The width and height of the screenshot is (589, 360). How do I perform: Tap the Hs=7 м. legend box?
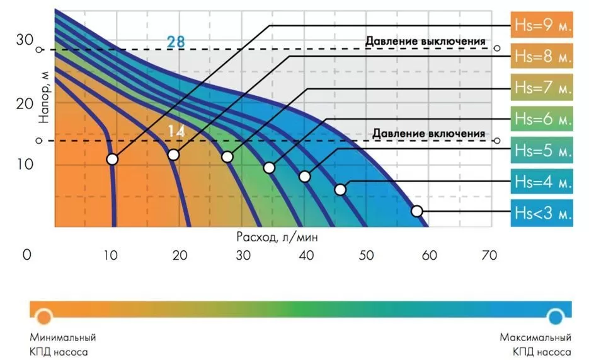tap(542, 87)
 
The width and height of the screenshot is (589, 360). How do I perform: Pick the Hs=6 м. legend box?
tap(542, 118)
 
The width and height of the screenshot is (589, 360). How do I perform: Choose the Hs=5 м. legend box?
tap(542, 150)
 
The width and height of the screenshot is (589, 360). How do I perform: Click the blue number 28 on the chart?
tap(176, 42)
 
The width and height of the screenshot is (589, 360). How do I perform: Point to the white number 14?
tap(176, 131)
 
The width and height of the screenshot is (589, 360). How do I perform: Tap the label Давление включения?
tap(428, 134)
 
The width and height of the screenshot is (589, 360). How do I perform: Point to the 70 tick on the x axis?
tap(489, 255)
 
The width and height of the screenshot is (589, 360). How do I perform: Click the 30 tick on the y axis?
tap(24, 40)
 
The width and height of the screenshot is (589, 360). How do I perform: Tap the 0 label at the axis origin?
tap(26, 255)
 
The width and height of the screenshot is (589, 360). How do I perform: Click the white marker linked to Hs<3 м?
tap(416, 211)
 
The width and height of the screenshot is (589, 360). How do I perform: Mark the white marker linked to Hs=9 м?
tap(112, 159)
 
